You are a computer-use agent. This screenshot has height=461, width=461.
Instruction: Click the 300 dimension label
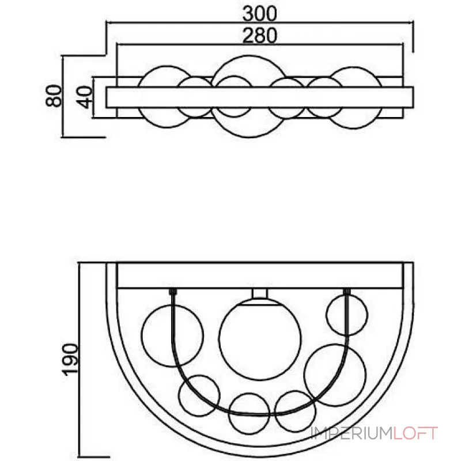coord(260,14)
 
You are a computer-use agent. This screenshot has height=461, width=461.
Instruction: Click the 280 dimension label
coord(260,35)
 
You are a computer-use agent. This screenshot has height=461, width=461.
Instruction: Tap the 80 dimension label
coord(54,96)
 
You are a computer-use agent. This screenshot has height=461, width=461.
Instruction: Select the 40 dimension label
coord(85,97)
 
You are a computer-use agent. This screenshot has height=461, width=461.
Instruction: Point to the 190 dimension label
coord(70,359)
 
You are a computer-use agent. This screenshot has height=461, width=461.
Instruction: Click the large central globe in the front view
coord(260,339)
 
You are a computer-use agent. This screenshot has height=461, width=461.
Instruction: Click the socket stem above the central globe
coord(260,294)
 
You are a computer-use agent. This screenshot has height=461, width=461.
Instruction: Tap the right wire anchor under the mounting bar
coord(347,292)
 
